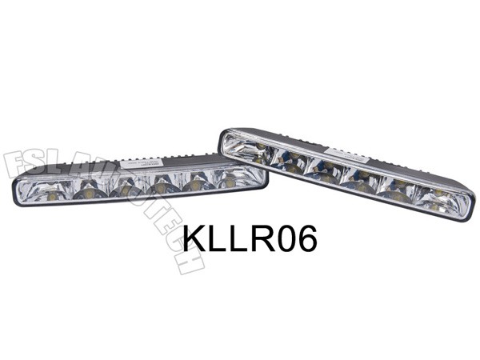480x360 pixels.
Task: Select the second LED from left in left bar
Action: [x=90, y=193]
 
